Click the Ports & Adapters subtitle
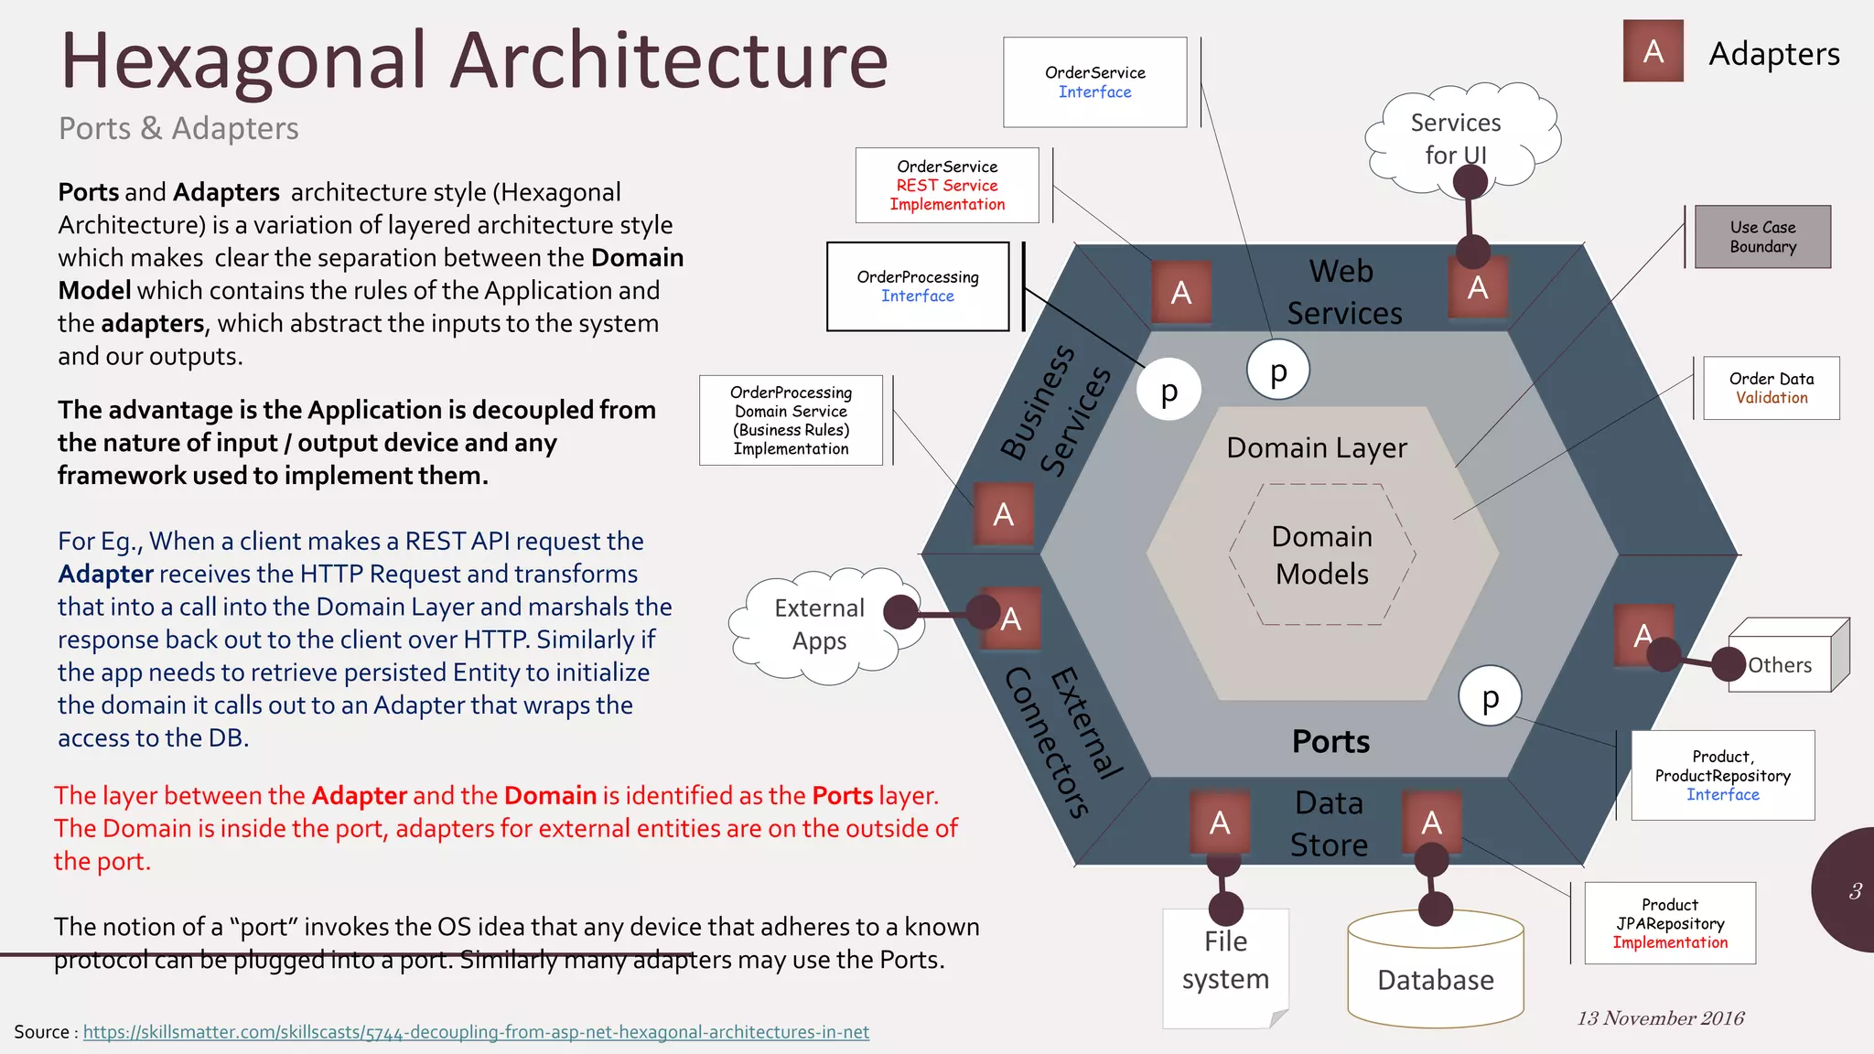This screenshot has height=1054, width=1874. (178, 128)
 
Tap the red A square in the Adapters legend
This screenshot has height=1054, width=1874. (1653, 51)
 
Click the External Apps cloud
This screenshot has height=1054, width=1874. (819, 624)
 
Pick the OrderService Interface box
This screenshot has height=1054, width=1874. (1094, 82)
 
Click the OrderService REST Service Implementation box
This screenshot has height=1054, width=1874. (947, 185)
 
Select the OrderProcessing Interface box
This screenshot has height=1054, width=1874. (918, 286)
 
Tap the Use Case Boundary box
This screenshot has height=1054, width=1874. (1762, 237)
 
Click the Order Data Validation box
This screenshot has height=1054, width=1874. (1772, 388)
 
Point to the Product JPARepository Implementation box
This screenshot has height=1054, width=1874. (1670, 923)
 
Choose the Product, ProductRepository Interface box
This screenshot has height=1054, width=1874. (1722, 775)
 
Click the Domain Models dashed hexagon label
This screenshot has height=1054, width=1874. (1322, 554)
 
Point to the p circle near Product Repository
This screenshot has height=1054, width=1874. (1490, 696)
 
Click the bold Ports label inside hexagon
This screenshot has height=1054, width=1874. (1330, 741)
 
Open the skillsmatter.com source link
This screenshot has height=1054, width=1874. (476, 1032)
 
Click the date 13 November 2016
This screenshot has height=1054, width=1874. (1661, 1018)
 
